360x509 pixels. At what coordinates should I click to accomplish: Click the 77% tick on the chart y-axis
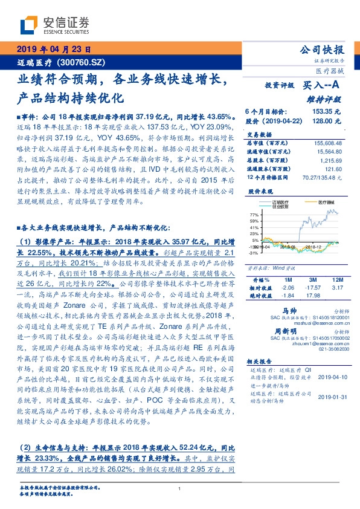pos(255,215)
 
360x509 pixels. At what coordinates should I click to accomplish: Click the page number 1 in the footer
pos(180,489)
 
